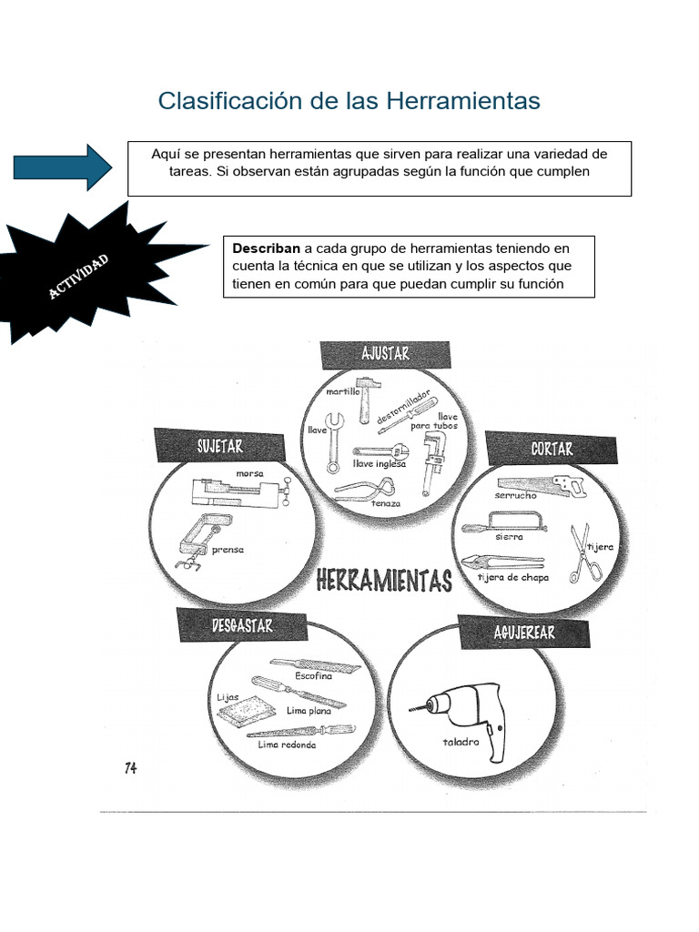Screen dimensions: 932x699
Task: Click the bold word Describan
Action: pyautogui.click(x=267, y=248)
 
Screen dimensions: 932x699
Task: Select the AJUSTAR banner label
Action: pyautogui.click(x=385, y=354)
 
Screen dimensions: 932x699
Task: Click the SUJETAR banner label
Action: pyautogui.click(x=219, y=446)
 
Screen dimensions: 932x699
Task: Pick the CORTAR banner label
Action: pyautogui.click(x=552, y=449)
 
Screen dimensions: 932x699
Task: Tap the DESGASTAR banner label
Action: pyautogui.click(x=241, y=626)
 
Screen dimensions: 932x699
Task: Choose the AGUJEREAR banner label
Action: pyautogui.click(x=523, y=632)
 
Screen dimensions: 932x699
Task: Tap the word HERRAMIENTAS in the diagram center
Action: pyautogui.click(x=384, y=581)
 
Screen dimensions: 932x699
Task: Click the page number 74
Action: pyautogui.click(x=131, y=768)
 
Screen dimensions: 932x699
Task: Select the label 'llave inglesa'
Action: pyautogui.click(x=379, y=463)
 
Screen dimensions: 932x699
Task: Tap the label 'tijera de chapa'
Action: pyautogui.click(x=512, y=578)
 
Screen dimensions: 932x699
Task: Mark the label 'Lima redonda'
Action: pyautogui.click(x=287, y=745)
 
